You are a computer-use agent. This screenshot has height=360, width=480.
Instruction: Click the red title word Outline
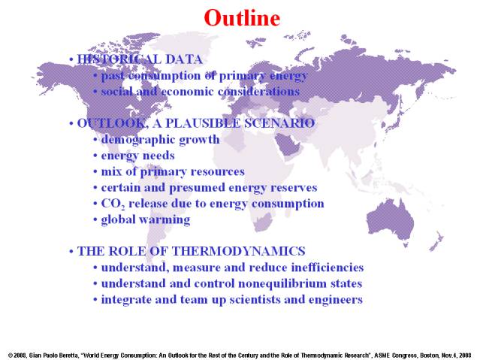[x=242, y=18]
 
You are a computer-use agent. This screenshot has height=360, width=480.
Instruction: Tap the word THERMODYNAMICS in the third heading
[x=238, y=251]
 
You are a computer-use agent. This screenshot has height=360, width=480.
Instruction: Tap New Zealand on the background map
[x=436, y=241]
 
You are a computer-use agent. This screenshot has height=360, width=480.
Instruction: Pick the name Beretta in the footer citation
[x=69, y=355]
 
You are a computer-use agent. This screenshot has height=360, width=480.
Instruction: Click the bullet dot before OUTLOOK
[x=71, y=124]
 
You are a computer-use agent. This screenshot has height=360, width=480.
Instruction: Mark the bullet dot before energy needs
[x=95, y=156]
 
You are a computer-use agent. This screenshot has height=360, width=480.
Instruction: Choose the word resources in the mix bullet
[x=217, y=172]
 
